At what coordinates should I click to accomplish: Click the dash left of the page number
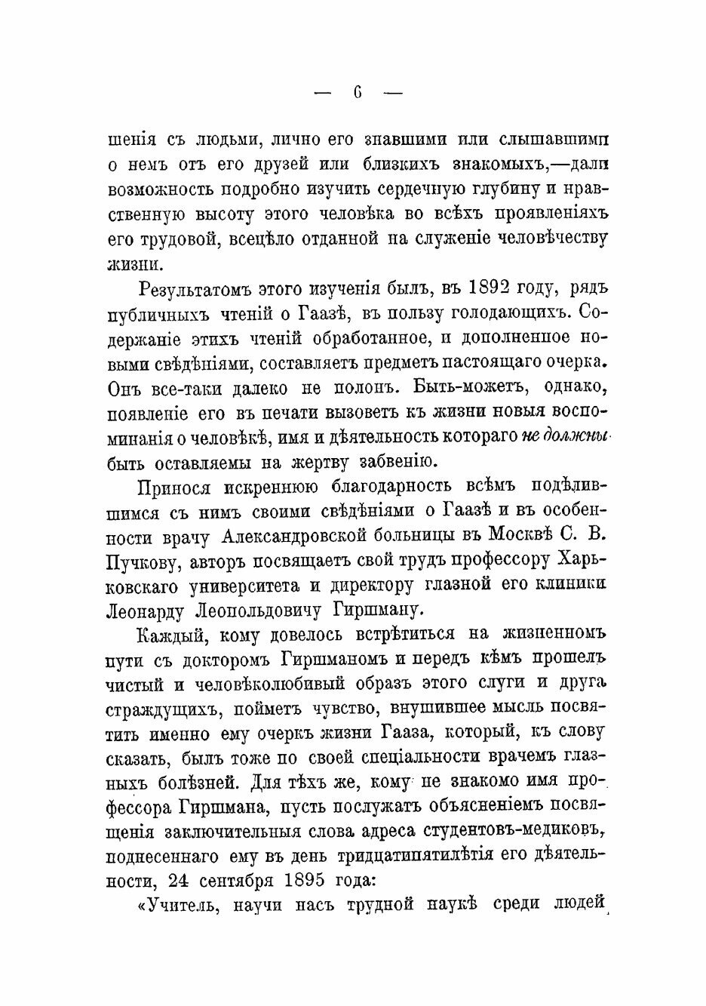pyautogui.click(x=322, y=94)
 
